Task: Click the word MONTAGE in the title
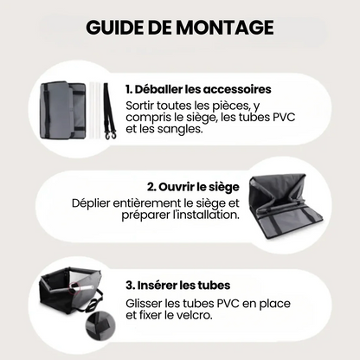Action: [225, 28]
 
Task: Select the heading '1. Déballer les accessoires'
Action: [198, 89]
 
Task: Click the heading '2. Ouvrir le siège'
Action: [193, 187]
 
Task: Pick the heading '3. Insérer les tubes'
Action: [178, 286]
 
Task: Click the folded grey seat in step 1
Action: [63, 110]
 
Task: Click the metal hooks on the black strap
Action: [112, 135]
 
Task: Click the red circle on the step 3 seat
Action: [74, 287]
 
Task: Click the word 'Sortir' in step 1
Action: [139, 106]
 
